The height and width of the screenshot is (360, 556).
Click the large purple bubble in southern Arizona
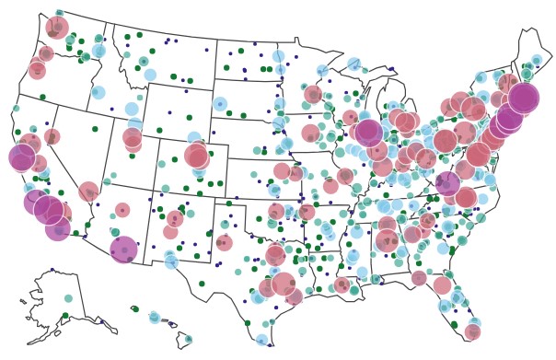coord(123,249)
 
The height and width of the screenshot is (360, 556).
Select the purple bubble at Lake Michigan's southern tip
coord(368,134)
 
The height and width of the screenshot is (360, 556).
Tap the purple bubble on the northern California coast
coord(22,157)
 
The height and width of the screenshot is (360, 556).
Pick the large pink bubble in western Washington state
coord(57,28)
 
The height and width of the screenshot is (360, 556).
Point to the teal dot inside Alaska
coord(68,298)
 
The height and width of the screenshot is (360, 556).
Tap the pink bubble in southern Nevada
coord(88,192)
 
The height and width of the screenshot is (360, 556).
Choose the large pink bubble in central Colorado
coord(196,156)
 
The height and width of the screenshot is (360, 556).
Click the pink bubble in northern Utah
coord(133,138)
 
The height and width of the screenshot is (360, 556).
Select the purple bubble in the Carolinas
coord(447,183)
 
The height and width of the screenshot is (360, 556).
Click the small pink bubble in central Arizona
coord(122,210)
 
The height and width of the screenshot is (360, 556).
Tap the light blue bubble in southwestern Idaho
coord(98,92)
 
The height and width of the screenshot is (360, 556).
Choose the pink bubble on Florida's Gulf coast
coord(443,285)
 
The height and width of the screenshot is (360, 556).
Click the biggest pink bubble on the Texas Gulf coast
coord(284,284)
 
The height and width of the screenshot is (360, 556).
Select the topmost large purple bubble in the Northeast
coord(524,97)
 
